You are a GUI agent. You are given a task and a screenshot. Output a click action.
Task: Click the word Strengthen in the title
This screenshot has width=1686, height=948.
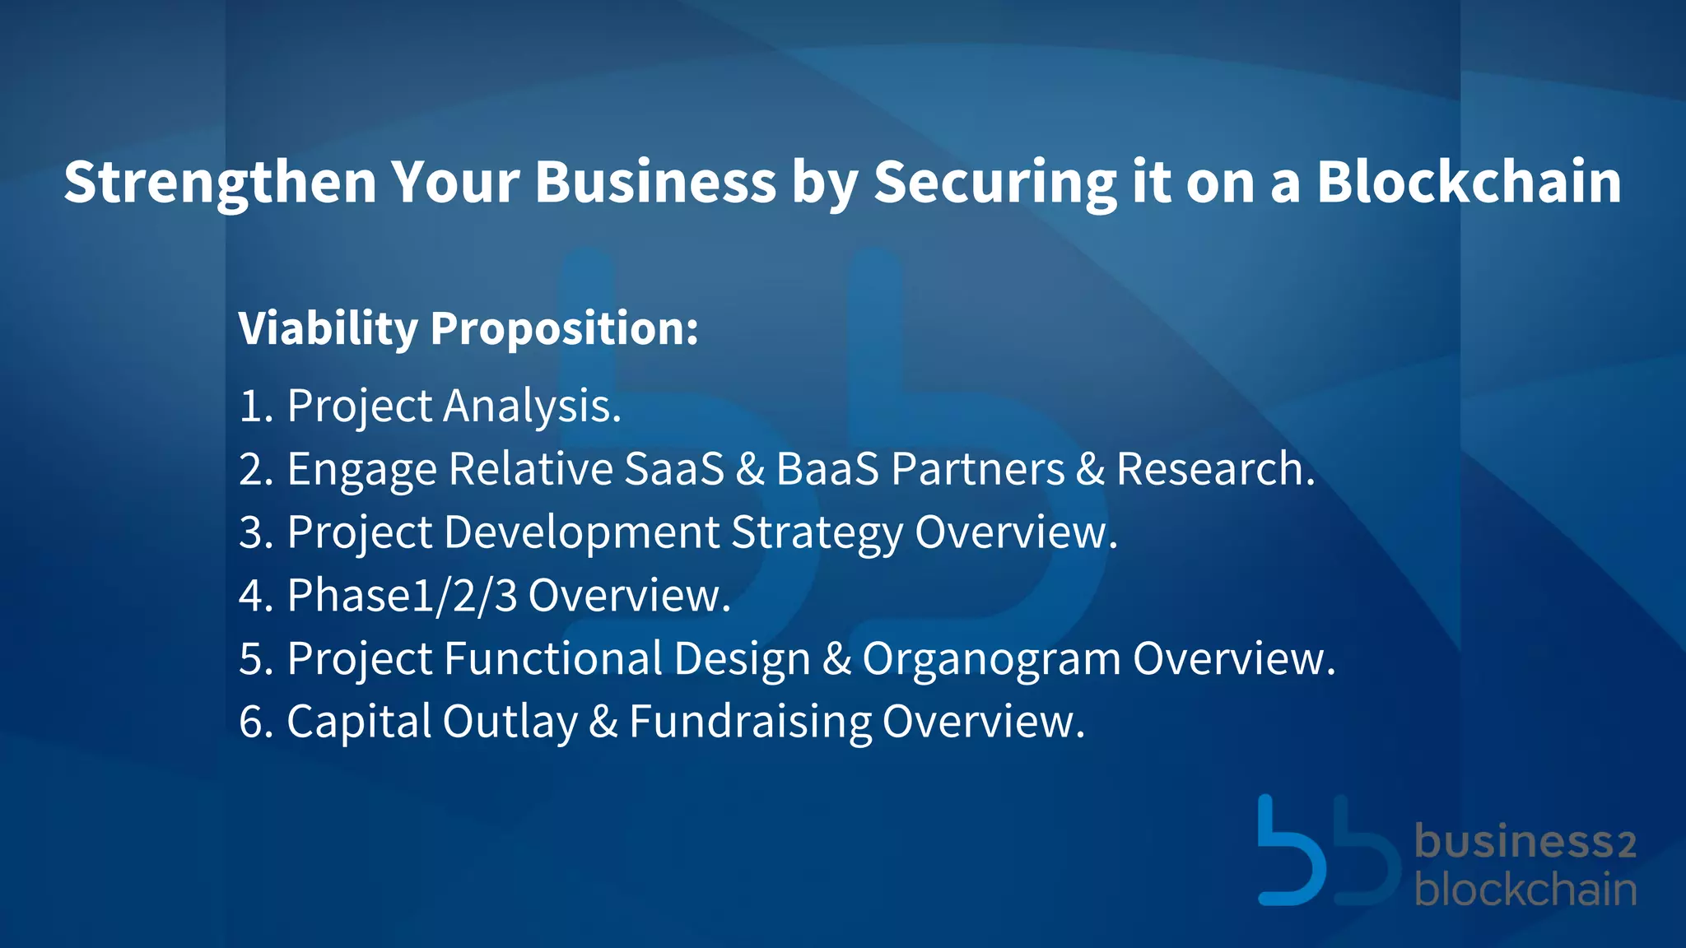tap(220, 183)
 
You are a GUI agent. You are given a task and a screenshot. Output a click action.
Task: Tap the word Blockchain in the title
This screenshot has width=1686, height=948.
tap(1469, 181)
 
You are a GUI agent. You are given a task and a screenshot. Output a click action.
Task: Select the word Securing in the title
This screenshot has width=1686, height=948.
tap(994, 183)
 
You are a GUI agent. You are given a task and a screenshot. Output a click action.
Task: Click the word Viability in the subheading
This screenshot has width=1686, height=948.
tap(328, 329)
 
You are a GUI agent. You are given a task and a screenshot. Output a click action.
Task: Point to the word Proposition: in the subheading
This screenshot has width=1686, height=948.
tap(564, 329)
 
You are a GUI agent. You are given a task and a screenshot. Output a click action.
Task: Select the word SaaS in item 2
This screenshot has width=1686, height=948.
tap(674, 469)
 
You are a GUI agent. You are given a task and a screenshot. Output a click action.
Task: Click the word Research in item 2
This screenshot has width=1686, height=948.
tap(1215, 469)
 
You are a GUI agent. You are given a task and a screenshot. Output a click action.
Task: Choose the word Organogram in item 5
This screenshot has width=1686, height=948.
tap(991, 660)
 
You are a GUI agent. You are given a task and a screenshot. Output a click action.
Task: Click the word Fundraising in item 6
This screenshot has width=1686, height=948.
tap(750, 723)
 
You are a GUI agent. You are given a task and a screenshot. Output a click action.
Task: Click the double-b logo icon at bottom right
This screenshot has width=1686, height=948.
tap(1327, 853)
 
